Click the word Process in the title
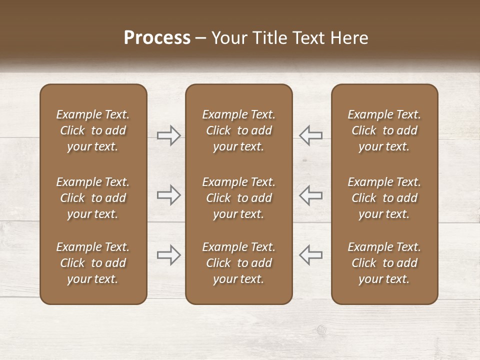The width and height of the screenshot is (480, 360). pos(157,38)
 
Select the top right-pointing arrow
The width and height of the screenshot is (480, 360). pos(168,135)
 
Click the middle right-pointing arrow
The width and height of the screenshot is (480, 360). pos(168,195)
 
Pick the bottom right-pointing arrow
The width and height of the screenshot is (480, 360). pos(168,255)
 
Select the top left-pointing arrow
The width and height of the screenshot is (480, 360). pos(311,135)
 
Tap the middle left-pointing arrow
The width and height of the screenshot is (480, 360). pos(311,195)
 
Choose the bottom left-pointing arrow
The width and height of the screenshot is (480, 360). pos(311,255)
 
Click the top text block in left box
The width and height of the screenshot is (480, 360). pos(93,130)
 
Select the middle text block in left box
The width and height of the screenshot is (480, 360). pos(93,198)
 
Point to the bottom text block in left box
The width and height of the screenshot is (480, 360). pos(93,263)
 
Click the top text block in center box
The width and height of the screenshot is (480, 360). pos(239,130)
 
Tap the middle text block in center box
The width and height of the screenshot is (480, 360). pos(239,198)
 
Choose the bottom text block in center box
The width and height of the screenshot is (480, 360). pos(239,263)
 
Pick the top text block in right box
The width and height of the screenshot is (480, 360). pos(384,130)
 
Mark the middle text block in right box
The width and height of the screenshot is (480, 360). pos(384,198)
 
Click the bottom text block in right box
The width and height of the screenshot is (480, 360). pos(384,263)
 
